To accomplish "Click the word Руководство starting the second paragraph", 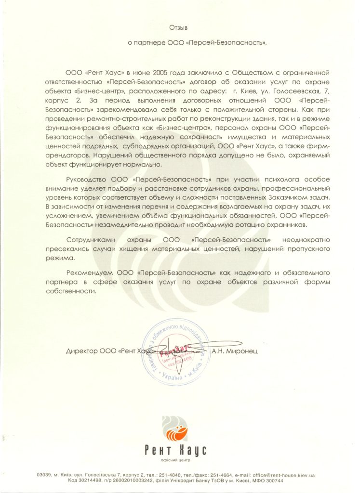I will (86, 179).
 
